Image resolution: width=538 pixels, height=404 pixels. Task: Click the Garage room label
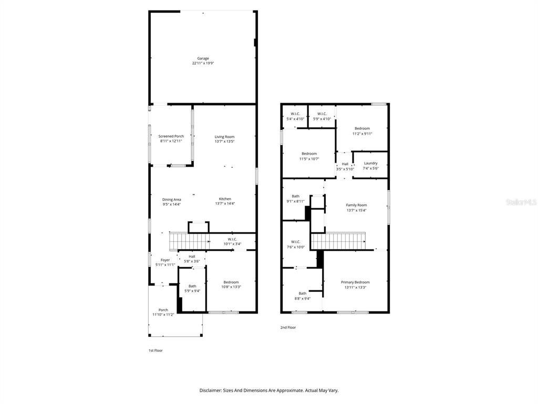[203, 58]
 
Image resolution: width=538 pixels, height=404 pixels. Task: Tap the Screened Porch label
[171, 136]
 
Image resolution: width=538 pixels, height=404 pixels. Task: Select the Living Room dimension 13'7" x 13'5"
[224, 142]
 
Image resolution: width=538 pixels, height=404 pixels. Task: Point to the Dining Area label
[172, 199]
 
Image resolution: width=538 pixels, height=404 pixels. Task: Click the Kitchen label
[225, 199]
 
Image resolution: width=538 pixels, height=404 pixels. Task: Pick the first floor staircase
[189, 241]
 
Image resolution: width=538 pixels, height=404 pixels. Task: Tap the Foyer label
[165, 260]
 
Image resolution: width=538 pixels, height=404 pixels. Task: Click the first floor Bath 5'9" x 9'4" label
[192, 286]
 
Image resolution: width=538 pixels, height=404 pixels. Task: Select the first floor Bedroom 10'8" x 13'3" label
[231, 282]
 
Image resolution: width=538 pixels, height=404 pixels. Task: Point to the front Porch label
[163, 310]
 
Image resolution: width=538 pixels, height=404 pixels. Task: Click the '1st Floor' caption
[155, 350]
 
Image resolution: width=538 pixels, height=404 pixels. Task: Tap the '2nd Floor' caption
[288, 327]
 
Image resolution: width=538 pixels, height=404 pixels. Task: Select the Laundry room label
[370, 163]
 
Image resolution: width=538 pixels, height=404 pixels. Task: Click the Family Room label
[356, 205]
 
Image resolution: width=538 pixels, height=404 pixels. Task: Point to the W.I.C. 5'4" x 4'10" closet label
[295, 114]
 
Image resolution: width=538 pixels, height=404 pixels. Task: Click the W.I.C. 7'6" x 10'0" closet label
[295, 242]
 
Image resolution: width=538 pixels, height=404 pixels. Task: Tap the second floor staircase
[339, 241]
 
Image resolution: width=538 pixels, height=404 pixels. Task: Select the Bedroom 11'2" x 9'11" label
[362, 128]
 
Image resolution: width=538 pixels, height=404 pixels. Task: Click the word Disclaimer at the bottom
[213, 390]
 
